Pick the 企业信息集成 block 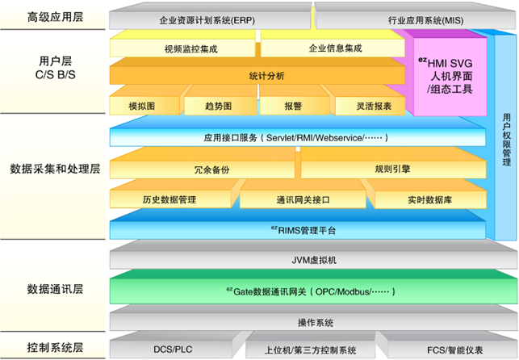(335, 48)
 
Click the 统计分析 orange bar (256, 75)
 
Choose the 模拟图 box (141, 106)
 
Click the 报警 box (293, 106)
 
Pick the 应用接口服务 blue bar (299, 138)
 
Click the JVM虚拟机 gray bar (307, 261)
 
